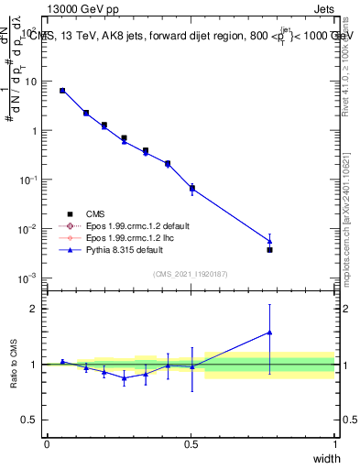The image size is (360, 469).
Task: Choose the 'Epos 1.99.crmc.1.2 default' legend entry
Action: pyautogui.click(x=134, y=225)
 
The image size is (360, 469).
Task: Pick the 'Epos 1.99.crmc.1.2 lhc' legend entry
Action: pyautogui.click(x=126, y=237)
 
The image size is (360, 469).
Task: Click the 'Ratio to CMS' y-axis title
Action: pyautogui.click(x=14, y=365)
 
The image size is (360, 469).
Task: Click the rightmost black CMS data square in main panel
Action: pyautogui.click(x=269, y=249)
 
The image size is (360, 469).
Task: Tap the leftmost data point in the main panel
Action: pyautogui.click(x=62, y=91)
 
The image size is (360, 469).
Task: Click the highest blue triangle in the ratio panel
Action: pyautogui.click(x=269, y=333)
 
